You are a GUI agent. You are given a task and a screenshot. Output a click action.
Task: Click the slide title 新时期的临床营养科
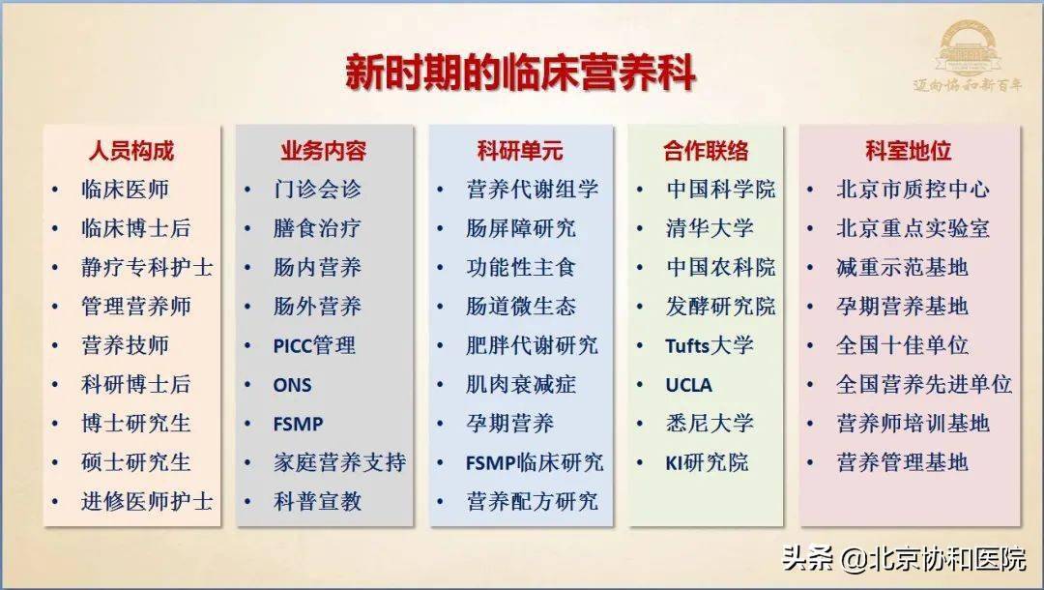click(x=521, y=72)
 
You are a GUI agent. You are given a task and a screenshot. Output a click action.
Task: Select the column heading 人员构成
click(x=131, y=151)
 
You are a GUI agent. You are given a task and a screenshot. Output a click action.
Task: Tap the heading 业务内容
click(x=324, y=151)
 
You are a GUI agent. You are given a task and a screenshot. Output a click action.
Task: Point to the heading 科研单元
click(x=520, y=151)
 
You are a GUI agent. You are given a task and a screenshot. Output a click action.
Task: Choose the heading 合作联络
click(x=706, y=151)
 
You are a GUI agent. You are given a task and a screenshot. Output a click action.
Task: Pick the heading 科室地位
click(x=908, y=151)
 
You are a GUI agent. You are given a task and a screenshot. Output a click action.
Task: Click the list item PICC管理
click(x=314, y=345)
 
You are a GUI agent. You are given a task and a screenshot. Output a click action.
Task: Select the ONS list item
click(x=292, y=385)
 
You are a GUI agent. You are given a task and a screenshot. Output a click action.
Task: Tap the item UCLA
click(x=688, y=385)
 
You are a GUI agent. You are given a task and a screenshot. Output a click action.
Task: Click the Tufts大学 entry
click(x=710, y=345)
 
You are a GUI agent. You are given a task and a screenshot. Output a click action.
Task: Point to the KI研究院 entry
click(x=707, y=462)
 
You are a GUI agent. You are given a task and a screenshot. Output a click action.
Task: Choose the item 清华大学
click(x=710, y=228)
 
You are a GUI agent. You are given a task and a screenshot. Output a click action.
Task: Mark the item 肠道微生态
click(x=521, y=307)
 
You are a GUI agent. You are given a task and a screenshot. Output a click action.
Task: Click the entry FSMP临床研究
click(x=535, y=462)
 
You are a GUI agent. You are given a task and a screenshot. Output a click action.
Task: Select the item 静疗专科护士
click(x=147, y=268)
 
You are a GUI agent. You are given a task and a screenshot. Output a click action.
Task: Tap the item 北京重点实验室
click(x=913, y=228)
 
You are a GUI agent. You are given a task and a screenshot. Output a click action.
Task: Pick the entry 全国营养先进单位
click(x=924, y=384)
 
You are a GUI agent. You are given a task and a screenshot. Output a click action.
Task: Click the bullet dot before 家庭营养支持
click(x=247, y=462)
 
